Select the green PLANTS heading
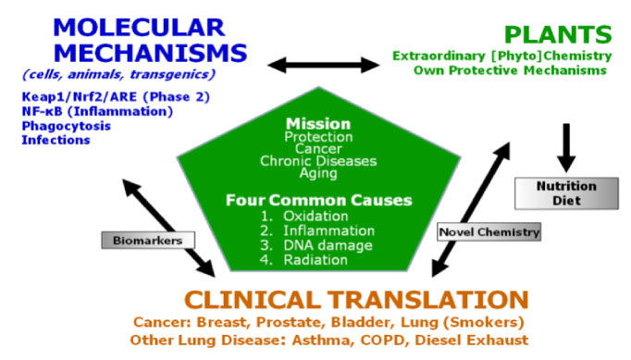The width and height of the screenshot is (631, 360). (556, 35)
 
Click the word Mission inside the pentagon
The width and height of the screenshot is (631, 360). (318, 123)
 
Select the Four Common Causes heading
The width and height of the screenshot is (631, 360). (319, 200)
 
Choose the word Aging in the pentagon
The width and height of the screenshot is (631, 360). (318, 173)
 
